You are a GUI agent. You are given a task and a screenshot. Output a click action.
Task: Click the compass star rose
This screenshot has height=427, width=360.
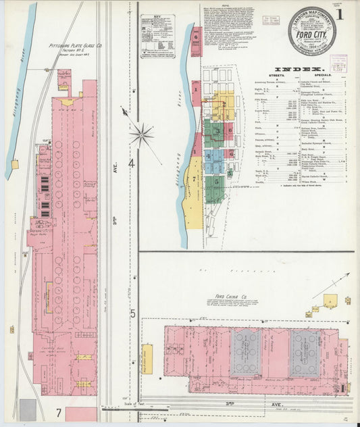141,133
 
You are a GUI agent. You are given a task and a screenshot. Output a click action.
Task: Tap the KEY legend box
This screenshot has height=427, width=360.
157,37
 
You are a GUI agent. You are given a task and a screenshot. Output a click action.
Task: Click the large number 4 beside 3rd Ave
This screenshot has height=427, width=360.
132,164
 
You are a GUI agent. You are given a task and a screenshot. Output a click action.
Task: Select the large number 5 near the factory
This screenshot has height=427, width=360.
132,313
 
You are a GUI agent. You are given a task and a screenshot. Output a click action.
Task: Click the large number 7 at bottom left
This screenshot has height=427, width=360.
59,412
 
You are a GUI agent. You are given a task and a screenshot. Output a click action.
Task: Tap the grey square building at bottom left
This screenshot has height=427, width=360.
28,409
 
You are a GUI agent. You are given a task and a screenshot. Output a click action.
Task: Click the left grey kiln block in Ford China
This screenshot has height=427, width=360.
245,353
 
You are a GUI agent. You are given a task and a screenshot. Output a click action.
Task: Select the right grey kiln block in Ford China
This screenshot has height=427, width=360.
305,353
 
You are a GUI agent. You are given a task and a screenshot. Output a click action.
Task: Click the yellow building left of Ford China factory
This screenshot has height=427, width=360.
147,359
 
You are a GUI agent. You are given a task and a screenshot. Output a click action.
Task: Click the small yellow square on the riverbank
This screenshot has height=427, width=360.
15,164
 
